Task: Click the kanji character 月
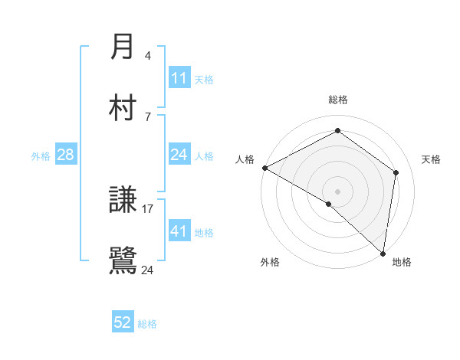[x=123, y=47]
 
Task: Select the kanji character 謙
[x=123, y=201]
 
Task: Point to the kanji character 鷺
[x=123, y=260]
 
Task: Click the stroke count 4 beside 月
[x=148, y=55]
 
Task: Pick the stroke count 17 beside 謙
[x=148, y=208]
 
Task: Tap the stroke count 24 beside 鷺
[x=147, y=270]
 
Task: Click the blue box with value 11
[x=179, y=78]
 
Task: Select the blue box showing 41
[x=179, y=231]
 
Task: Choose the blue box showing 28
[x=66, y=155]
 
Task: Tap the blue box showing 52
[x=123, y=322]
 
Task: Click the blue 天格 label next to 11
[x=204, y=79]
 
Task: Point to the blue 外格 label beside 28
[x=41, y=155]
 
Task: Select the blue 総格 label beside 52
[x=147, y=324]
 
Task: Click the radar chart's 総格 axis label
[x=338, y=100]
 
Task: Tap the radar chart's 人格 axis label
[x=245, y=159]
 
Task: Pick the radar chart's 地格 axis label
[x=402, y=262]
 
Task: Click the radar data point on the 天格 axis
[x=396, y=172]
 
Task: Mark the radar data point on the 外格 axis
[x=329, y=204]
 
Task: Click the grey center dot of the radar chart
[x=338, y=191]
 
